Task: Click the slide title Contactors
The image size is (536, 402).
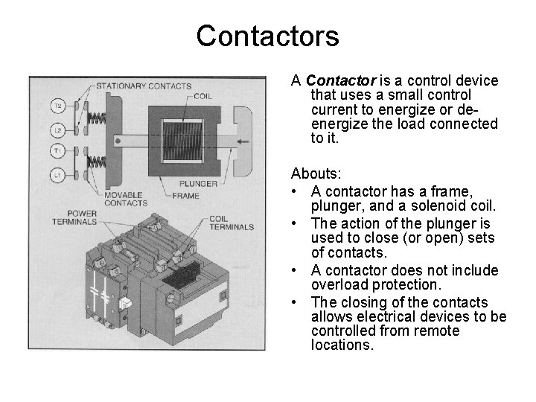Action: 267,36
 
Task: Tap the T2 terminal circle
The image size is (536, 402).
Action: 57,106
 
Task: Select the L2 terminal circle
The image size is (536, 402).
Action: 57,130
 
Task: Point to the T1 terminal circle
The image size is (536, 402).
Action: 57,152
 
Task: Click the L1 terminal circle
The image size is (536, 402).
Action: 57,175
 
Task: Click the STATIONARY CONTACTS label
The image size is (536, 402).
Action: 143,86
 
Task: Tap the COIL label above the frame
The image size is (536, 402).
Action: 202,96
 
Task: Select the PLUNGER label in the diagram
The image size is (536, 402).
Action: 198,184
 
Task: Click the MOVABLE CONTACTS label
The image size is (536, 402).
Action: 125,198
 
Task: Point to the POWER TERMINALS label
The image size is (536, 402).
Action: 74,217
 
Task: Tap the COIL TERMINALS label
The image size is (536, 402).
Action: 232,223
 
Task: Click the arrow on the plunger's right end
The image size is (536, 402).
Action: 240,138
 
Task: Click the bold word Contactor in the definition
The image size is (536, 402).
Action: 341,80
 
